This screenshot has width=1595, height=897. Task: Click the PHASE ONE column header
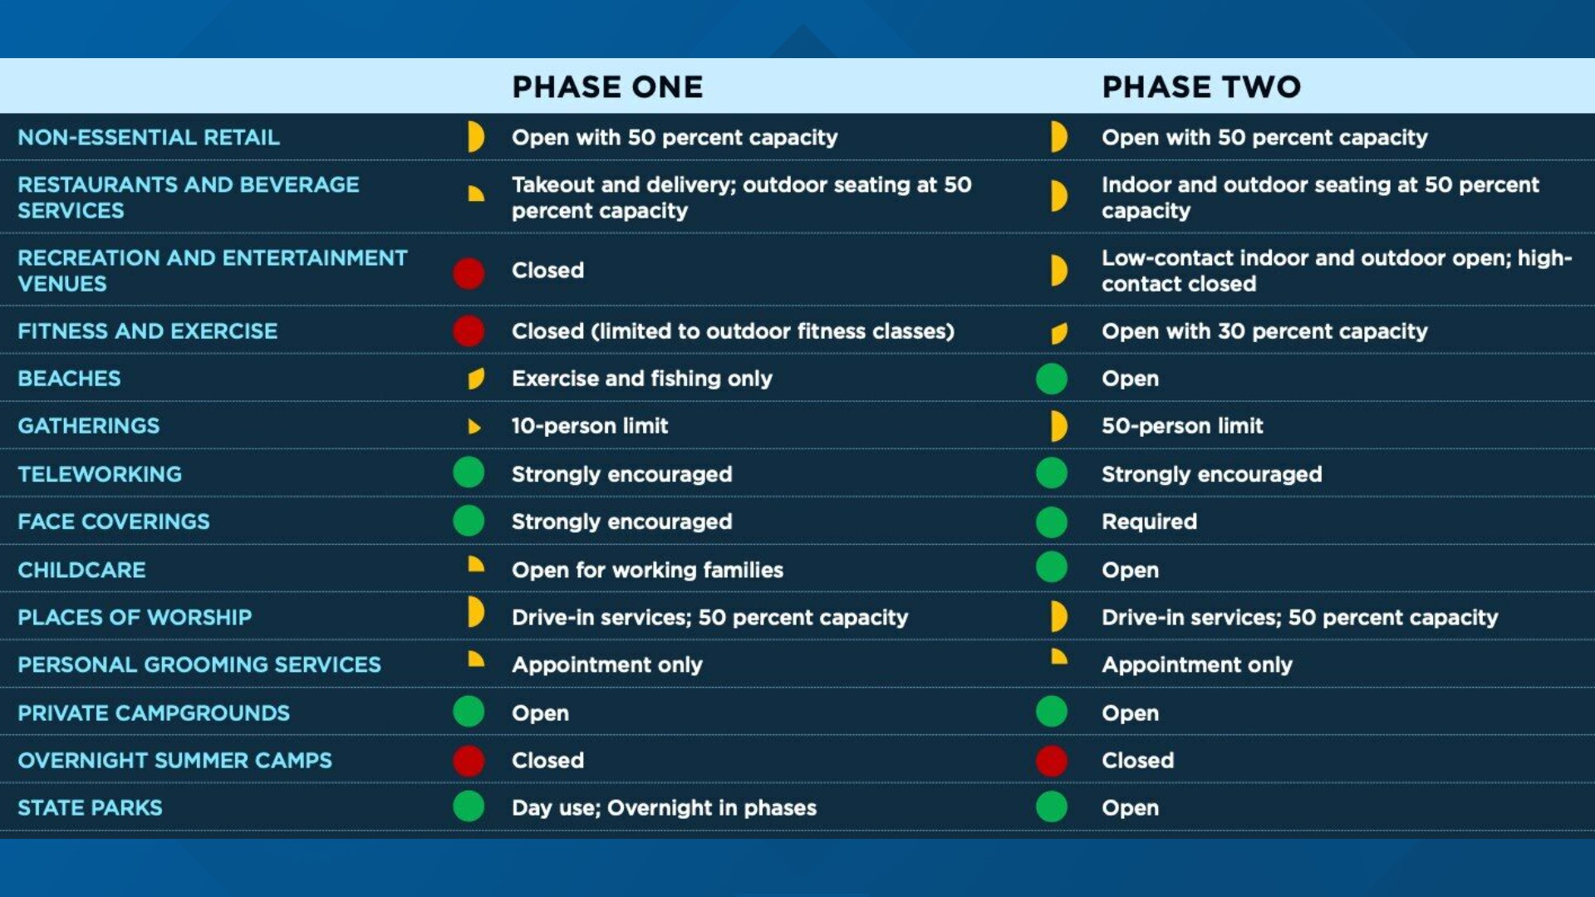point(607,87)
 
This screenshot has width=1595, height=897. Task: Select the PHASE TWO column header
point(1201,87)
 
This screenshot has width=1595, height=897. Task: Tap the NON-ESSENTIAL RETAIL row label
point(149,137)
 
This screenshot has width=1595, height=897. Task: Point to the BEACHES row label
point(69,379)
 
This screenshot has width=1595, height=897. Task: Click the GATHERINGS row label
point(88,426)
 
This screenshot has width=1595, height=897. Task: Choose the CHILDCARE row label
point(81,570)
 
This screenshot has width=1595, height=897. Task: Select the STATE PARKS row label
point(90,807)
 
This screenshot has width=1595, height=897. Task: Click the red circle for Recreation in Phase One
point(469,273)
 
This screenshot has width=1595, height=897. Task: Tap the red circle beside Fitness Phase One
point(469,331)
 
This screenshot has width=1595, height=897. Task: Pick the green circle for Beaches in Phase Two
point(1052,379)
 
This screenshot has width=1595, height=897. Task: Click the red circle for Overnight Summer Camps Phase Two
point(1052,761)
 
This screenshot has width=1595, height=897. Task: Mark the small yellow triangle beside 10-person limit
point(474,427)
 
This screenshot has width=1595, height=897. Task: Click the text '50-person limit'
point(1182,426)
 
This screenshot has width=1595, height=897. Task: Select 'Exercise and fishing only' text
point(641,379)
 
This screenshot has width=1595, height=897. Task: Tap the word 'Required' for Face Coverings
point(1149,522)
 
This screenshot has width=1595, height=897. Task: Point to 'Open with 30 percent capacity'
point(1264,331)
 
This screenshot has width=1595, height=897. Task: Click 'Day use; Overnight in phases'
point(664,808)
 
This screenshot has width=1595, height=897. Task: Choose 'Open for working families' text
point(647,571)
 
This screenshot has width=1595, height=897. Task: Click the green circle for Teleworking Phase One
point(469,473)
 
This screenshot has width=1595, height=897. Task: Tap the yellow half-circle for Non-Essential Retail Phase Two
point(1058,137)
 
